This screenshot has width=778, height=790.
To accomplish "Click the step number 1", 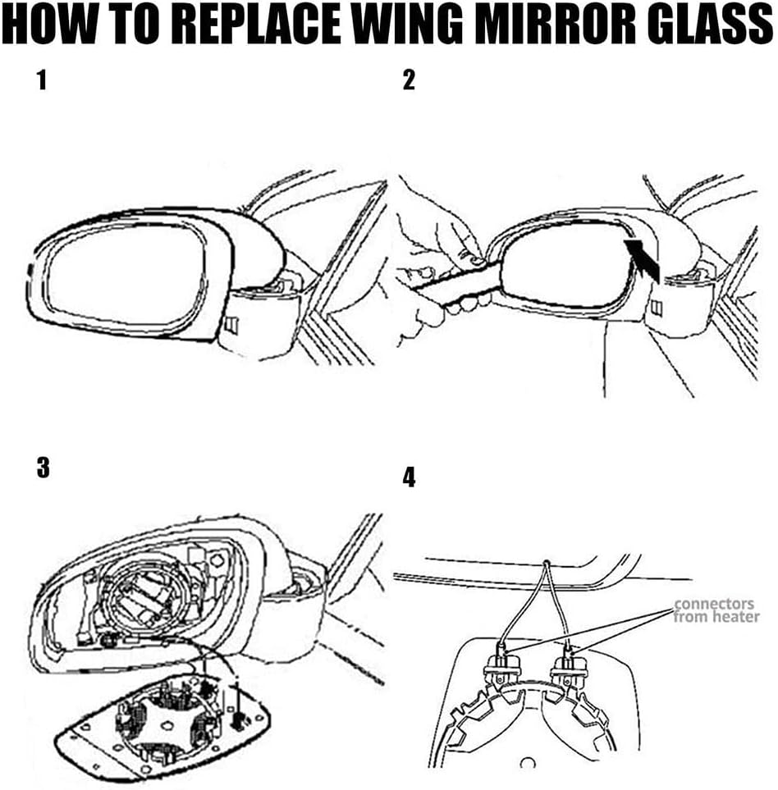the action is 42,80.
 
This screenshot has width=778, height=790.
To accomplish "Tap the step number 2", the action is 409,80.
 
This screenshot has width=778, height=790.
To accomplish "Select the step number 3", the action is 43,467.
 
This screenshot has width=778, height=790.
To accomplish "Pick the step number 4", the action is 409,477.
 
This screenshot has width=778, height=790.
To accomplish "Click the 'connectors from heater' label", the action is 716,610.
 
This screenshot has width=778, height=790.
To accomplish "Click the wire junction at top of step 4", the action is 547,561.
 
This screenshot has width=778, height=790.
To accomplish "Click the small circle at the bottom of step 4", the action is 527,763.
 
